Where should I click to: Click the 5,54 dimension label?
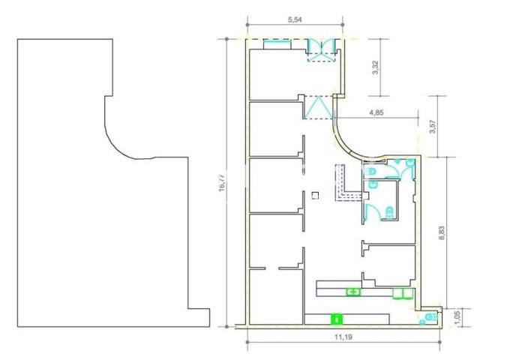click(295, 19)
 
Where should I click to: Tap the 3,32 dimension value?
click(376, 67)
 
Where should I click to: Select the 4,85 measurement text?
click(376, 112)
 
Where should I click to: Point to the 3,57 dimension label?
click(433, 127)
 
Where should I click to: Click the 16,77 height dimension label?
click(223, 183)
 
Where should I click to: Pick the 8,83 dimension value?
click(442, 232)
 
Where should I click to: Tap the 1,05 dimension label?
click(457, 317)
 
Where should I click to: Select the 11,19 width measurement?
click(343, 337)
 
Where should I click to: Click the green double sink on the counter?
click(353, 292)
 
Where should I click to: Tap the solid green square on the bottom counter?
click(337, 319)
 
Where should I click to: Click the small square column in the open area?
click(315, 196)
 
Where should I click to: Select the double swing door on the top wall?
click(321, 49)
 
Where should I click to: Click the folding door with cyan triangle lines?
click(319, 107)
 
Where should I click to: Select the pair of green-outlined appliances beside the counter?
click(403, 293)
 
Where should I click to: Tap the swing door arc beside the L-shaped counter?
click(370, 211)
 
